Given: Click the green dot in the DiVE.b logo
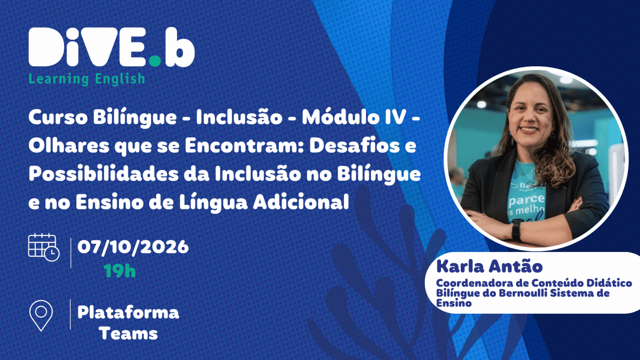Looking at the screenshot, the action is coord(155,61).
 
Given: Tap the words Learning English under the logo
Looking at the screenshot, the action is coord(87,79).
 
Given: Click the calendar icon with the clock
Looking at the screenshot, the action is coord(44,247).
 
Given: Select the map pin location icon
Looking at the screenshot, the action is coord(41,316).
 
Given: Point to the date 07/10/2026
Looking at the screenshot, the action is coord(133,247).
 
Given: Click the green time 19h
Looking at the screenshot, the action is coord(119,270).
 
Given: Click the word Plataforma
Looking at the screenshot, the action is coord(128,312).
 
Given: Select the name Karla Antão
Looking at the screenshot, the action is coord(489,266).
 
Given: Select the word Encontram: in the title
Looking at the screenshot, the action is coord(243,145).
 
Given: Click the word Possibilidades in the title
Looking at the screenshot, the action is coord(103,174).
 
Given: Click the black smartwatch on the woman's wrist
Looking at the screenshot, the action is coord(516,230).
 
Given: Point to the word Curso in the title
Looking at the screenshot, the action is coord(58,117).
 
